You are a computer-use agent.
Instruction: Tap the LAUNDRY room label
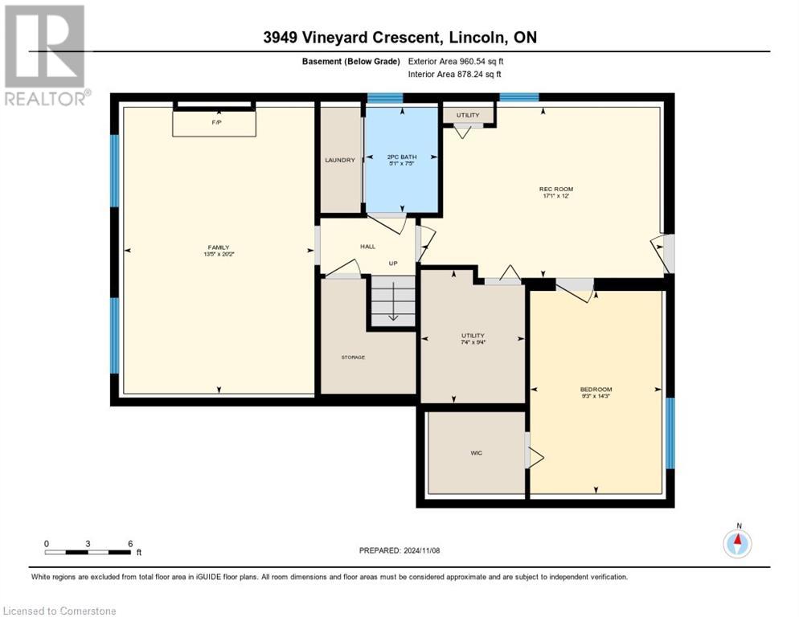[340, 160]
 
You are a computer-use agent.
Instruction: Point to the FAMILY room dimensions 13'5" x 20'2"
[219, 255]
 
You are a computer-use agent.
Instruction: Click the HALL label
[367, 247]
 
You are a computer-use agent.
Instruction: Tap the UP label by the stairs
[393, 263]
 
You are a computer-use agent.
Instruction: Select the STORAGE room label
[353, 357]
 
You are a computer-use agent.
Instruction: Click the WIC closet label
[477, 453]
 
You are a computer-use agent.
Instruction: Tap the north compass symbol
[737, 543]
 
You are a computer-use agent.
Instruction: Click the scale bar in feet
[88, 551]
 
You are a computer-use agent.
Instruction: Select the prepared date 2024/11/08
[399, 550]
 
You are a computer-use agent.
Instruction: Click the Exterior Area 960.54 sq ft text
[456, 61]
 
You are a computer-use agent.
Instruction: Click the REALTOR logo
[46, 55]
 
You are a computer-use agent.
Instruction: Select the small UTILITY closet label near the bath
[468, 116]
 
